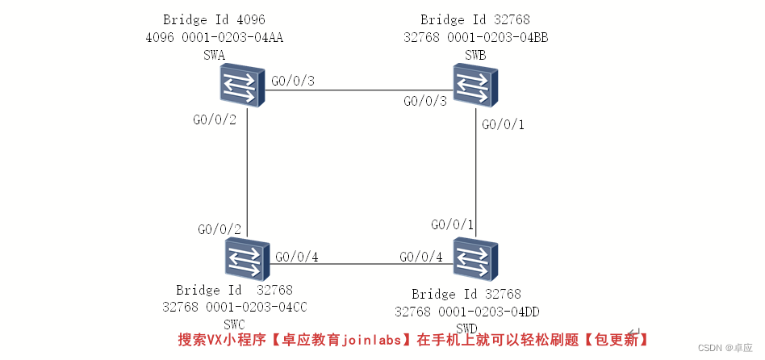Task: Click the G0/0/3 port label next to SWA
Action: [293, 81]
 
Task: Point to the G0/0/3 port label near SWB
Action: [424, 101]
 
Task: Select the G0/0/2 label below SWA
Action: [214, 119]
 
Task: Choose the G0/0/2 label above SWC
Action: [219, 229]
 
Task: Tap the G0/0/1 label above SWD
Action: [453, 224]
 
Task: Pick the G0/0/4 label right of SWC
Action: [297, 257]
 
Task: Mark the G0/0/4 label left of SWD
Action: [421, 257]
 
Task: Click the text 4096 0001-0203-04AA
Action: [214, 37]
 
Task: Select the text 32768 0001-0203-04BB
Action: [476, 37]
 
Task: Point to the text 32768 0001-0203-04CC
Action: [235, 307]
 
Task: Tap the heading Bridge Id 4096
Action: [214, 19]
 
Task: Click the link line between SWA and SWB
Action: [355, 89]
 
